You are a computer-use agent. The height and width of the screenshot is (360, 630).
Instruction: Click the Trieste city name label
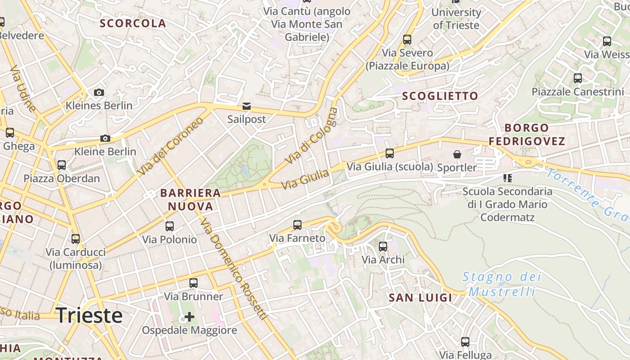click(x=89, y=315)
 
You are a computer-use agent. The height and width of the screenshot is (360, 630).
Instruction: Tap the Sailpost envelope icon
click(x=247, y=107)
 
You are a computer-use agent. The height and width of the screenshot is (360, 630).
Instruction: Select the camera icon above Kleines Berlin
click(x=99, y=93)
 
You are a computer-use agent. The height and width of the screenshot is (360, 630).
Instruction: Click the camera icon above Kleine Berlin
click(x=105, y=138)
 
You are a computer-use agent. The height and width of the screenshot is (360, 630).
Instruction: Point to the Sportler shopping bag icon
click(x=457, y=154)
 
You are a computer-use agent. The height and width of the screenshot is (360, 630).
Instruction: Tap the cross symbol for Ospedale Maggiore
click(x=189, y=317)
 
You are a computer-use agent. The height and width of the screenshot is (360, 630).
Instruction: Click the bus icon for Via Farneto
click(x=297, y=225)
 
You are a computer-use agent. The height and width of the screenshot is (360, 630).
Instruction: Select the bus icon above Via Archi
click(x=383, y=246)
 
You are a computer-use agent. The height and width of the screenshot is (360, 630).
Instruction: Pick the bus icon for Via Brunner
click(x=193, y=283)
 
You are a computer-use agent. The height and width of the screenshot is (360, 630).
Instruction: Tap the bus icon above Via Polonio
click(x=170, y=226)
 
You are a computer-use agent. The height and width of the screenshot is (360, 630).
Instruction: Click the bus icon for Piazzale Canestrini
click(x=578, y=78)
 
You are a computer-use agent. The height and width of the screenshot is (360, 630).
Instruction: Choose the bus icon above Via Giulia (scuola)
click(x=390, y=153)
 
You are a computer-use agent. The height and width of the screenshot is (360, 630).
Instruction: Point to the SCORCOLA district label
click(x=133, y=23)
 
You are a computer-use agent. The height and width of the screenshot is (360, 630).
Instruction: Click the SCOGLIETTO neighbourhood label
click(x=440, y=96)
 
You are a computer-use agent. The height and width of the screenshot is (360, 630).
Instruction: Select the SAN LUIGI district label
click(x=420, y=297)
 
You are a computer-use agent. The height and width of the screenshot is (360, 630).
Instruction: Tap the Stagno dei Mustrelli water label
click(x=502, y=284)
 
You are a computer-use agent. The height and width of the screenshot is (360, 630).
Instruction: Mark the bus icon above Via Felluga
click(x=465, y=342)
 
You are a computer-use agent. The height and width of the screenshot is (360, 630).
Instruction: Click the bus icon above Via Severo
click(x=407, y=40)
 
